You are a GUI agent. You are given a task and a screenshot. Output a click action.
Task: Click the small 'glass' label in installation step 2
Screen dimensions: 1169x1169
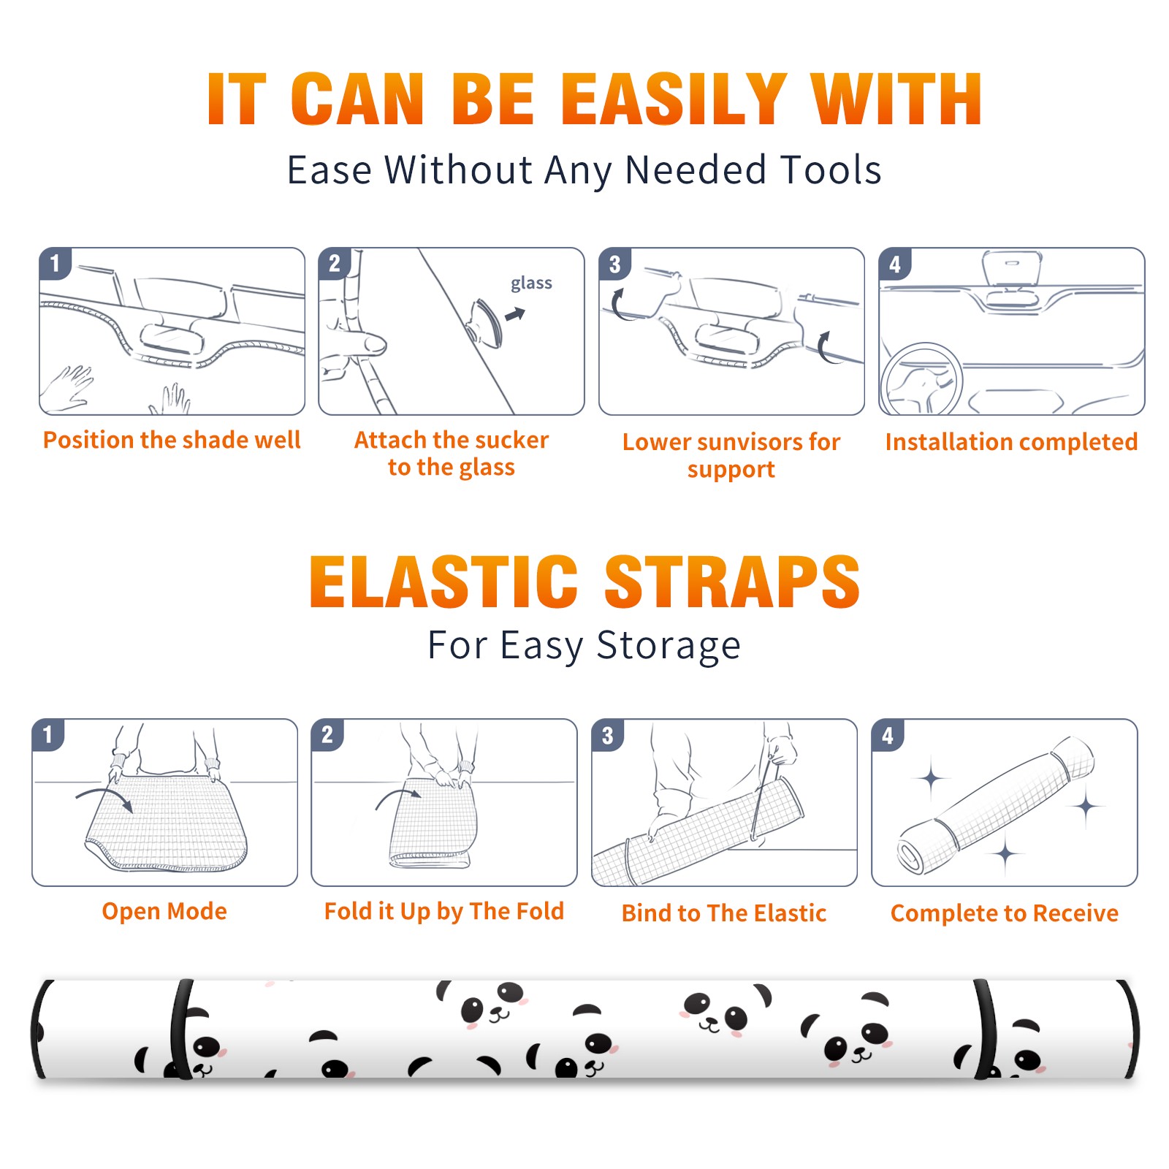[531, 283]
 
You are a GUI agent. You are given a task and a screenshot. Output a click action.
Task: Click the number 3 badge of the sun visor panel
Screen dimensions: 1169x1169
[614, 264]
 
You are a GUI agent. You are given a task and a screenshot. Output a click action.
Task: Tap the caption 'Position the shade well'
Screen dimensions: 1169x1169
[172, 440]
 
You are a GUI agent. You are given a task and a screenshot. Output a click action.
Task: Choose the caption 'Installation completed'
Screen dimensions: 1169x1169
[1011, 441]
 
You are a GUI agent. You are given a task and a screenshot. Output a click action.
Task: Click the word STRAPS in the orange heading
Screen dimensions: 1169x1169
[732, 582]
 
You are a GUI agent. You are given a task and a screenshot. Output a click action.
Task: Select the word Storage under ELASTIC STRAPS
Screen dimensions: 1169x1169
[669, 646]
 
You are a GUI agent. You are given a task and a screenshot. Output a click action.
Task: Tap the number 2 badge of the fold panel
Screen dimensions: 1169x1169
[327, 734]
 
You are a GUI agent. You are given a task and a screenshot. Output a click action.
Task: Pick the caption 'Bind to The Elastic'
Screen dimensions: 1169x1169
[723, 913]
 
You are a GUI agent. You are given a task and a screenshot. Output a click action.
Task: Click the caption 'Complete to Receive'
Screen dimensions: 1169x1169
[1005, 913]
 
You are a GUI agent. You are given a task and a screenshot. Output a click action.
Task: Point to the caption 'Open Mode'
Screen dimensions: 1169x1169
[164, 911]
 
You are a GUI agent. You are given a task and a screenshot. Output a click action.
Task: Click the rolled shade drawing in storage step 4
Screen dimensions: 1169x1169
[996, 805]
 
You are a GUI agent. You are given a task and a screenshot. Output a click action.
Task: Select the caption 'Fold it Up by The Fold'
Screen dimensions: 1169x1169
[444, 911]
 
